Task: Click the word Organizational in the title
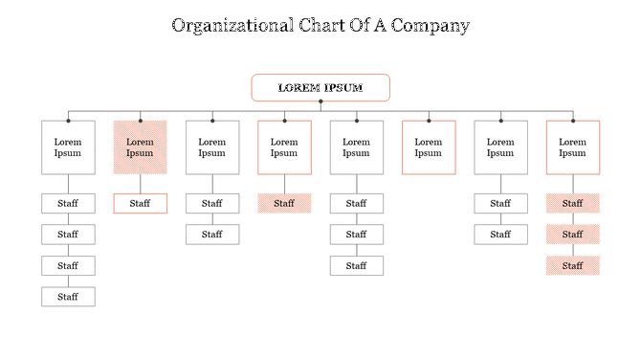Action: [231, 26]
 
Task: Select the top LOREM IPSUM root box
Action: [320, 88]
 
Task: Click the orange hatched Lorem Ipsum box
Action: [140, 147]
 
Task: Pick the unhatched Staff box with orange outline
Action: [140, 203]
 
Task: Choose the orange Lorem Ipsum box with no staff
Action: [429, 147]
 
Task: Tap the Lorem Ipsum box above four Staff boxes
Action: [68, 147]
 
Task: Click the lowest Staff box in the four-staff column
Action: [68, 297]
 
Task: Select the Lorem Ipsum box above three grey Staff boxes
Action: [356, 147]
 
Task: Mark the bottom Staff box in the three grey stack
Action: [356, 265]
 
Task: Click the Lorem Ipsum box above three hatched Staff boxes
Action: [573, 147]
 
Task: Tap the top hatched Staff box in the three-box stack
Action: [573, 203]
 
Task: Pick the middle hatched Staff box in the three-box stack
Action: [573, 235]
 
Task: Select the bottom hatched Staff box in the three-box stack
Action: [573, 265]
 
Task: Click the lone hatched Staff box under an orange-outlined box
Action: [284, 203]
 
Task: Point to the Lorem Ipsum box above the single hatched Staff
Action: [284, 147]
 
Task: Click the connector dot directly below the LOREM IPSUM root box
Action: [320, 101]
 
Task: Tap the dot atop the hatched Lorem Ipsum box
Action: [140, 121]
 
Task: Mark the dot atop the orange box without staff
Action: [429, 121]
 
